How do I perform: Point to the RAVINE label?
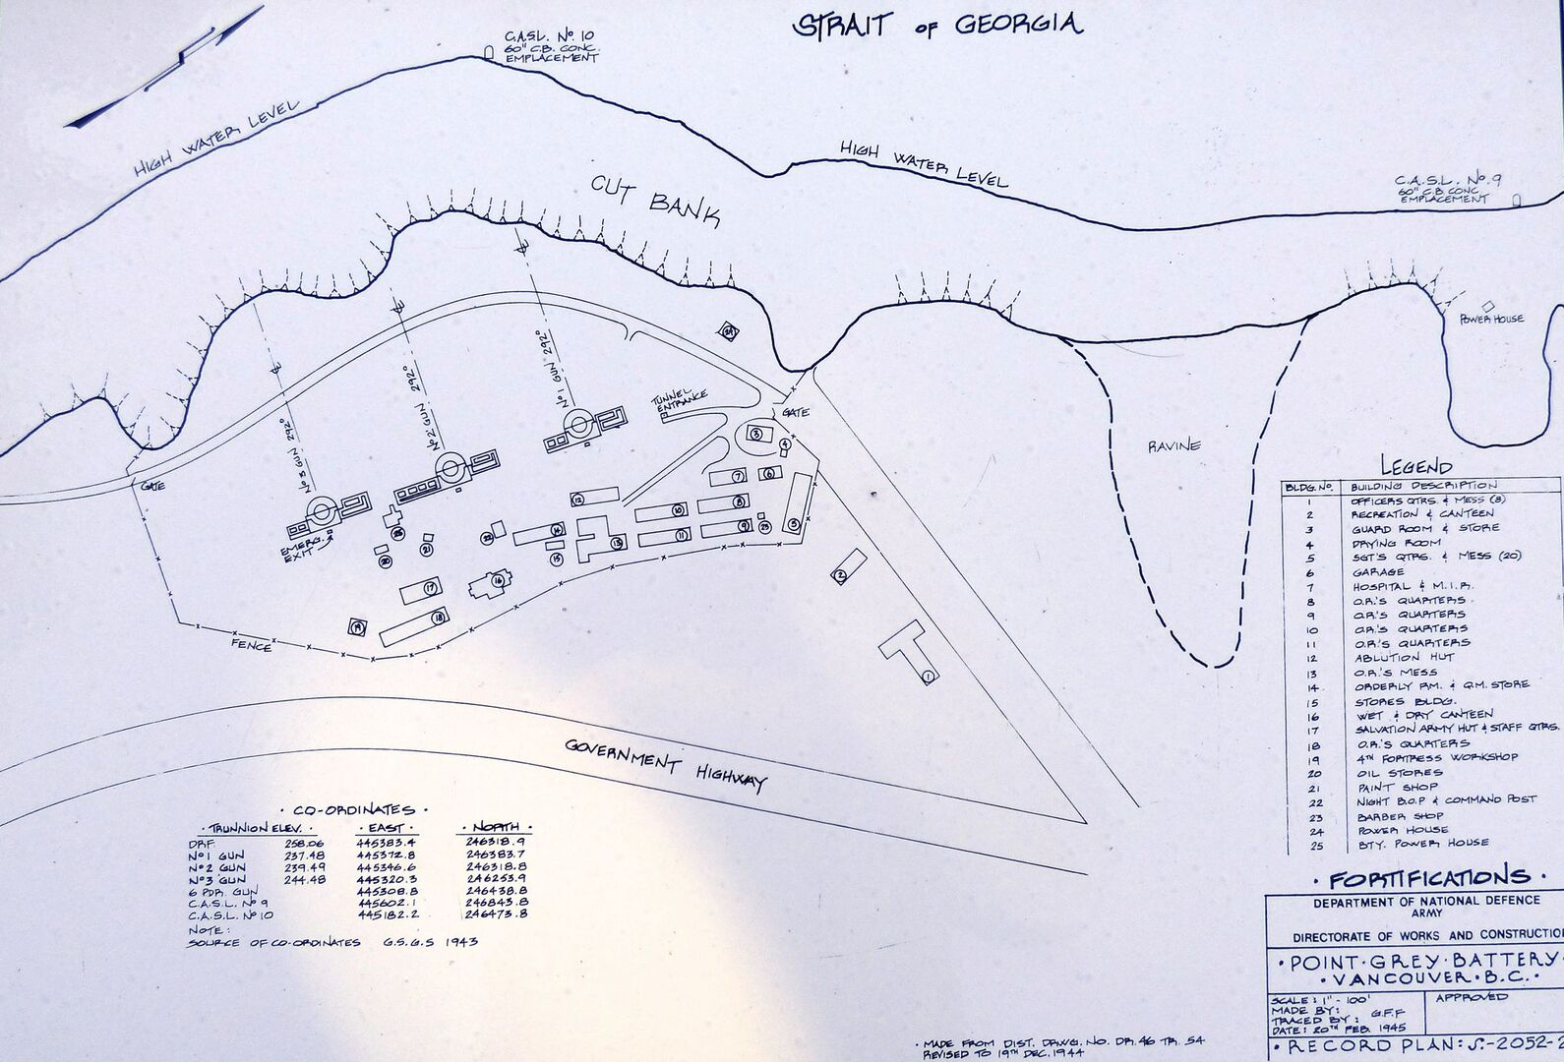1174,445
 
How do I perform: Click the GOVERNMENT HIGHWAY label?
665,762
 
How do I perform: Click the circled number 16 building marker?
499,581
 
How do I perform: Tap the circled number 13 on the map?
617,542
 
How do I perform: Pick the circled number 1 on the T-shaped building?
928,676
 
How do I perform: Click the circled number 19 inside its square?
357,626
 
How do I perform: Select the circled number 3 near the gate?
755,433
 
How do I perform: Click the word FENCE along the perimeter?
251,645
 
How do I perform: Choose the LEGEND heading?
1415,466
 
